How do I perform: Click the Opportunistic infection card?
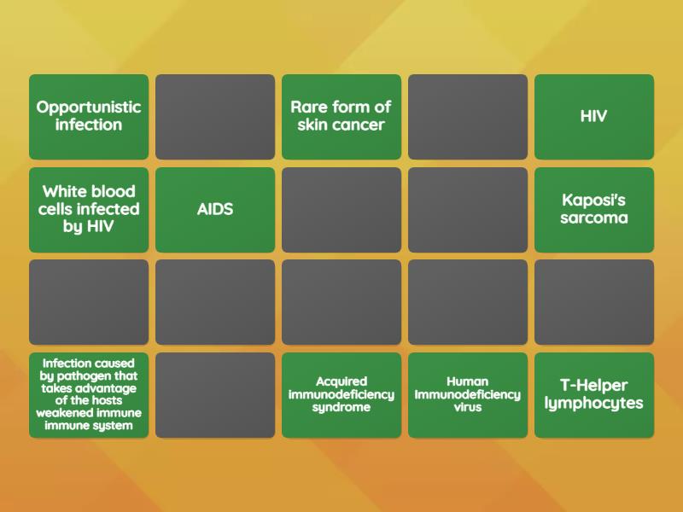click(89, 116)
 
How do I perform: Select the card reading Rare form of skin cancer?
click(341, 116)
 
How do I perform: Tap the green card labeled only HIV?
click(594, 116)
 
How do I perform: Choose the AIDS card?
click(215, 209)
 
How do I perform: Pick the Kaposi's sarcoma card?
click(594, 209)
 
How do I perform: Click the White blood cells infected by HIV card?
click(89, 209)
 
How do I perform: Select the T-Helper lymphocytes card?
click(594, 395)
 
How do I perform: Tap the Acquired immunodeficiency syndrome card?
click(341, 395)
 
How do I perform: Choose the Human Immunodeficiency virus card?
click(468, 395)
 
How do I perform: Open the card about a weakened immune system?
click(89, 395)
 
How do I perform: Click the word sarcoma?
click(594, 218)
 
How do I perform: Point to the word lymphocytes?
click(594, 404)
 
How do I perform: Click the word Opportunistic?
click(89, 108)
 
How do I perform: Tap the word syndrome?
click(341, 407)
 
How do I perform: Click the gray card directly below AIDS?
click(215, 302)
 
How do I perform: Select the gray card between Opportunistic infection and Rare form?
click(215, 116)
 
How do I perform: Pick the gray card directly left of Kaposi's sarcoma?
click(468, 209)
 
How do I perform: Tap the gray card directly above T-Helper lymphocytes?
click(594, 302)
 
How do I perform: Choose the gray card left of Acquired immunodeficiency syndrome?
click(215, 395)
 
